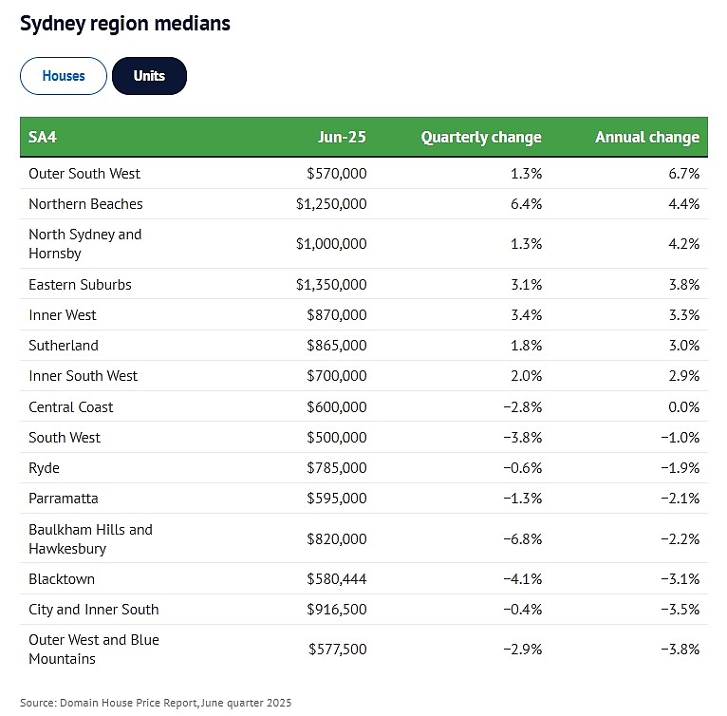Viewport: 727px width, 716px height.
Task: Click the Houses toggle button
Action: point(64,76)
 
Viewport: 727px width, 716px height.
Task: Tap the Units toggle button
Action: point(149,76)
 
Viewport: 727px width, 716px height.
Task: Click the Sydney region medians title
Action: point(125,24)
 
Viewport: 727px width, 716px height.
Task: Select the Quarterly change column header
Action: point(481,138)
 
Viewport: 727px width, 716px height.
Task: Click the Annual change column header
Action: point(647,138)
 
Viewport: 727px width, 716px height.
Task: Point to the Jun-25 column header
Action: point(343,138)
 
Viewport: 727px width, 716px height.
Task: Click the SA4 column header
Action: point(42,138)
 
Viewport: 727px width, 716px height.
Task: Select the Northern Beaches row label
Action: point(85,204)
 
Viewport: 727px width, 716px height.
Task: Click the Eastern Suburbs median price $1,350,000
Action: point(331,285)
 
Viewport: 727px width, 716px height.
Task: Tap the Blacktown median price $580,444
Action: point(337,579)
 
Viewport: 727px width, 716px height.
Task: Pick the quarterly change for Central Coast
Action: point(523,407)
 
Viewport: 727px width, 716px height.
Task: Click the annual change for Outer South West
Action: point(684,174)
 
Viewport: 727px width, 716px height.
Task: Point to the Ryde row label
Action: point(44,468)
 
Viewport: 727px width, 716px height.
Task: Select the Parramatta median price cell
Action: point(337,499)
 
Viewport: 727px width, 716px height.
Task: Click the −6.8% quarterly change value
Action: point(523,538)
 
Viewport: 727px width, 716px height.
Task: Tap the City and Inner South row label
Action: point(94,610)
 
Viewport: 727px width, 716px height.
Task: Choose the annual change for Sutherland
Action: point(684,346)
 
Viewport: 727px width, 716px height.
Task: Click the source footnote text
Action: point(156,703)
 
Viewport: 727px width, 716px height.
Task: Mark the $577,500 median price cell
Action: point(338,650)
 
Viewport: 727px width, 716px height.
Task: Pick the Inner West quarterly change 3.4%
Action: point(526,315)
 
